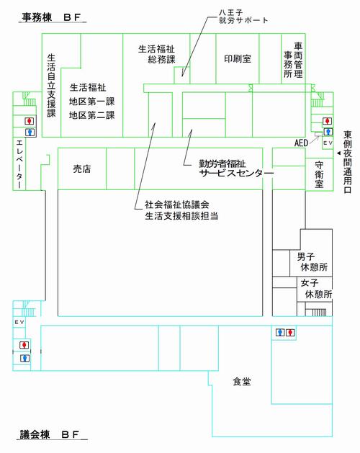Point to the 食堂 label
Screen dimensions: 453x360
point(241,381)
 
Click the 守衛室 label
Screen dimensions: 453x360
point(319,175)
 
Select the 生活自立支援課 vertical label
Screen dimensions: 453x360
point(51,85)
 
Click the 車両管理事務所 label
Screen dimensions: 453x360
point(292,60)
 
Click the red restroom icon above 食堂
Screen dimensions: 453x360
point(289,332)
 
